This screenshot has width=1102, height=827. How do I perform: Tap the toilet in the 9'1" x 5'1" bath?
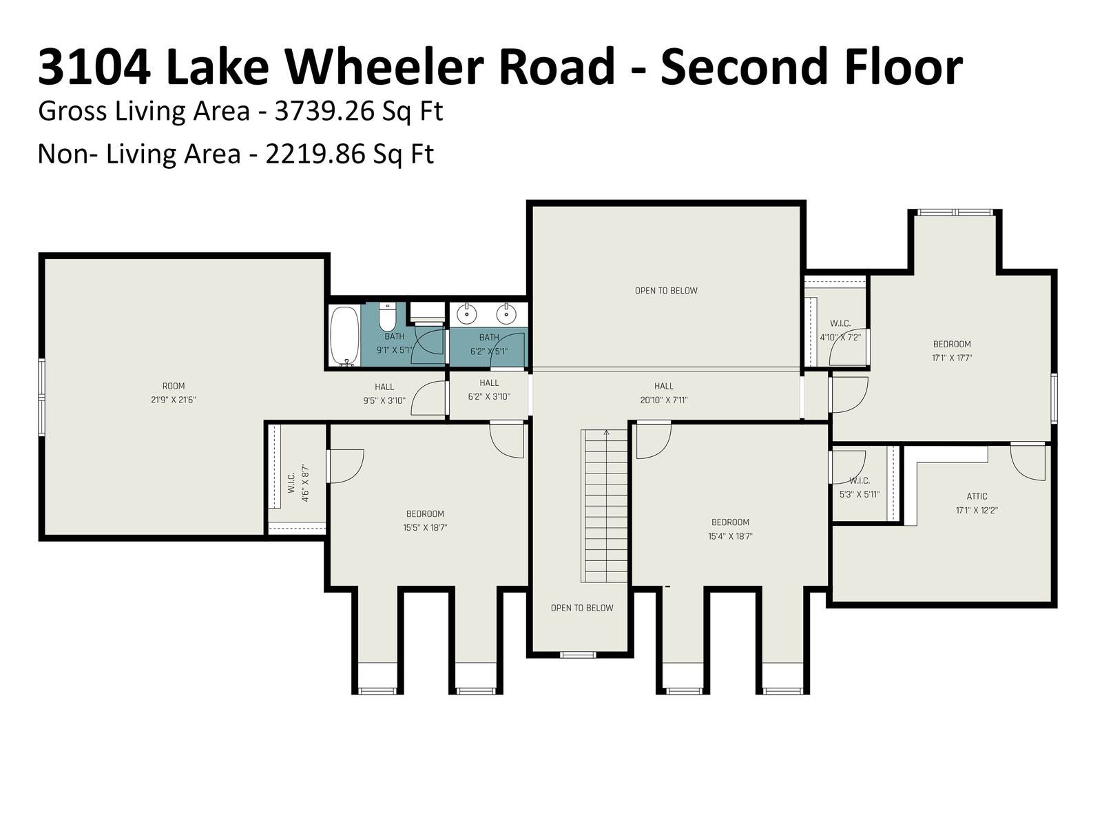387,316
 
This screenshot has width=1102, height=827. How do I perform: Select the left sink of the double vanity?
467,314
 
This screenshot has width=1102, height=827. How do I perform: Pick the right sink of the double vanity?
506,314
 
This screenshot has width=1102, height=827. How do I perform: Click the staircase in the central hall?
605,506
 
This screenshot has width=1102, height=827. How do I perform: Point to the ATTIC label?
977,496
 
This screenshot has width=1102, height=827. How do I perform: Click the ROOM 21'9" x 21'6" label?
173,393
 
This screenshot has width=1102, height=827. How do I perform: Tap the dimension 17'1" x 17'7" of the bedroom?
952,358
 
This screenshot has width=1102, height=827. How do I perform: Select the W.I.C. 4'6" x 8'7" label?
298,483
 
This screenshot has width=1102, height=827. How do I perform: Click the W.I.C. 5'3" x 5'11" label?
860,487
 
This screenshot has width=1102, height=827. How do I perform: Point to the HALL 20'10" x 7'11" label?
664,393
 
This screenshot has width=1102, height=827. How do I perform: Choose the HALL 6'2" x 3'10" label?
489,389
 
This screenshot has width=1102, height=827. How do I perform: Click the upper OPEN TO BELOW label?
666,291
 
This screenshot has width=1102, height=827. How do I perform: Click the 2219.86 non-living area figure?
315,154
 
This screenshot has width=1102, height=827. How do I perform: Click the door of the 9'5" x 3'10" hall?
429,398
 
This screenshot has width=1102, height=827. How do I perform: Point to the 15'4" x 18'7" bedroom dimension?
730,536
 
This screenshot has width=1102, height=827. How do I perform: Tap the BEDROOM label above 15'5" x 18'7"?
425,513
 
